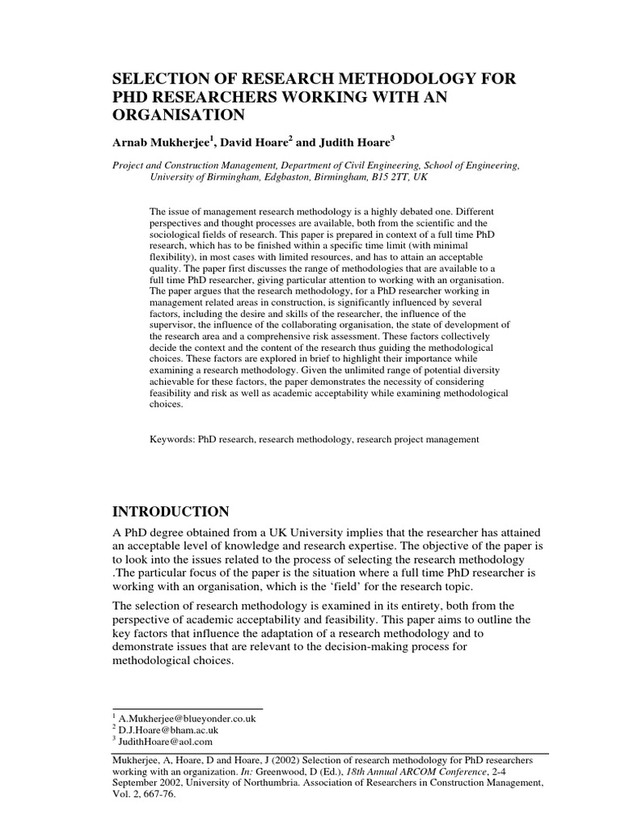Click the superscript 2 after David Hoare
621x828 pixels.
click(289, 139)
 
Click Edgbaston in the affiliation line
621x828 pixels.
click(290, 178)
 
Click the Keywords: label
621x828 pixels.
click(175, 440)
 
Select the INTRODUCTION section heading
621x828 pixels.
click(170, 512)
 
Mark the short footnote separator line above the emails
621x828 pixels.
click(187, 709)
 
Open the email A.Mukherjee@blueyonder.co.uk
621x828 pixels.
click(187, 718)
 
